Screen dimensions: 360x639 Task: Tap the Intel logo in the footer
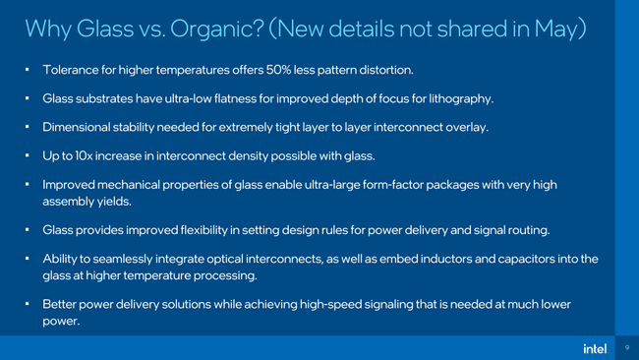595,347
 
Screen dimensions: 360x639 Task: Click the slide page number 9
626,347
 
